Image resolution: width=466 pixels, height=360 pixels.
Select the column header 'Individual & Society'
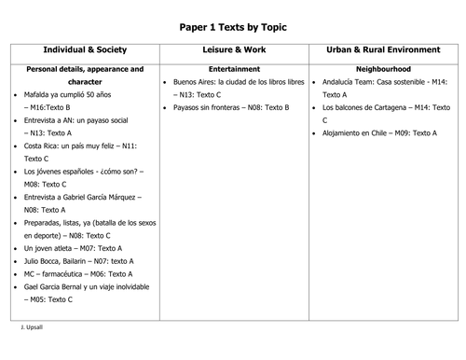pos(85,49)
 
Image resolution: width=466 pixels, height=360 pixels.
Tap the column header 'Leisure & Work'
pos(234,49)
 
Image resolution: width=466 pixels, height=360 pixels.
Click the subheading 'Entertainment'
pos(234,69)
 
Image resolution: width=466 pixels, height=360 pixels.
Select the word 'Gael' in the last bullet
pos(32,287)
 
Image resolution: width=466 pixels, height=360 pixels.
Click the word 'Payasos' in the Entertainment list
pos(187,108)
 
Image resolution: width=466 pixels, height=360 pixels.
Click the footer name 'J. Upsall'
pos(34,329)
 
